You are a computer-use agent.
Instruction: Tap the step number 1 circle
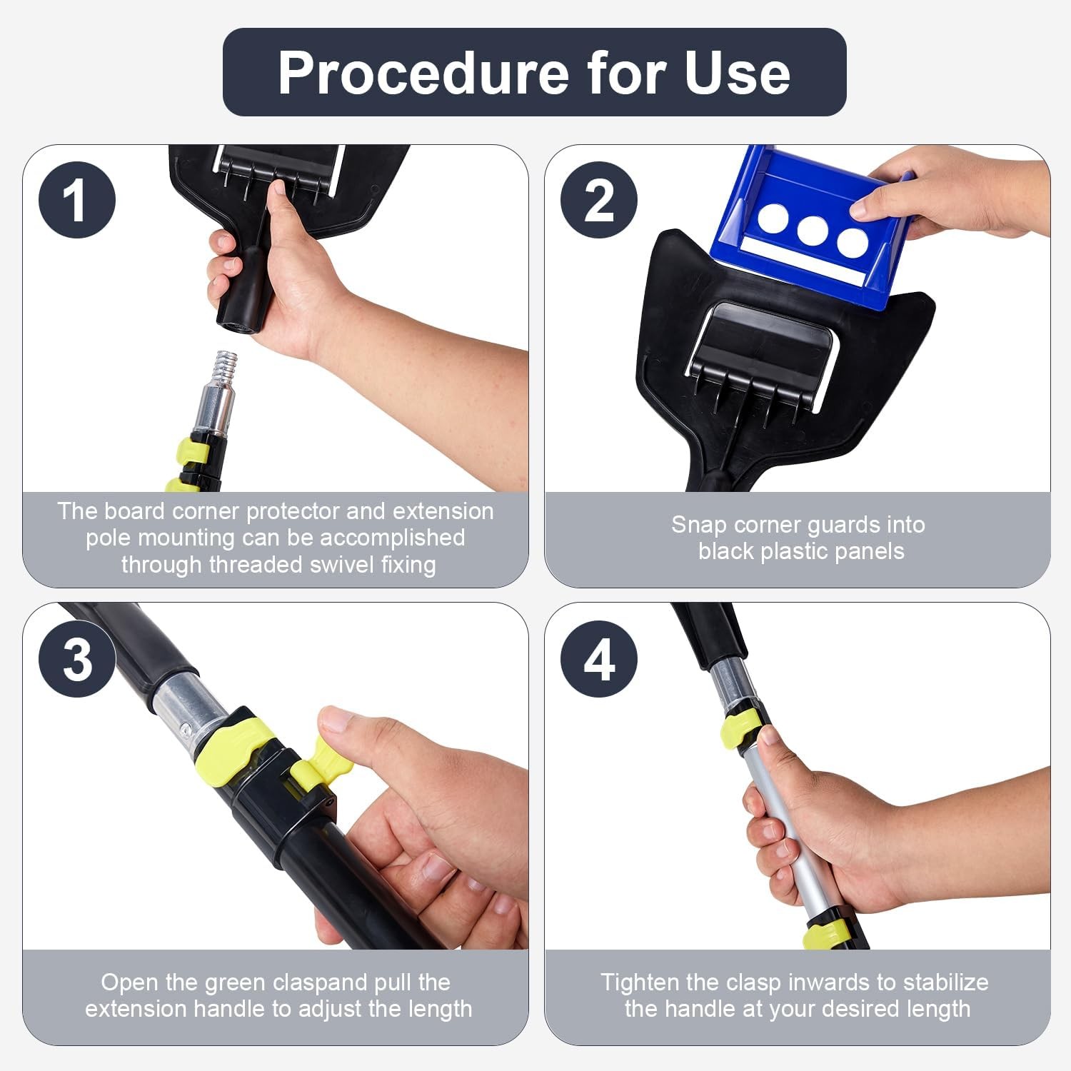[x=77, y=200]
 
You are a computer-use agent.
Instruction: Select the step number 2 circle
[x=598, y=200]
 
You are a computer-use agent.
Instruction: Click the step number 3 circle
[x=77, y=658]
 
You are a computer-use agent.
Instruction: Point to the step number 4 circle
[x=598, y=658]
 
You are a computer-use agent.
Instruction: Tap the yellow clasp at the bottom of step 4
[x=826, y=934]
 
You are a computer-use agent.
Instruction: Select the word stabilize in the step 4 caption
[x=945, y=982]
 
